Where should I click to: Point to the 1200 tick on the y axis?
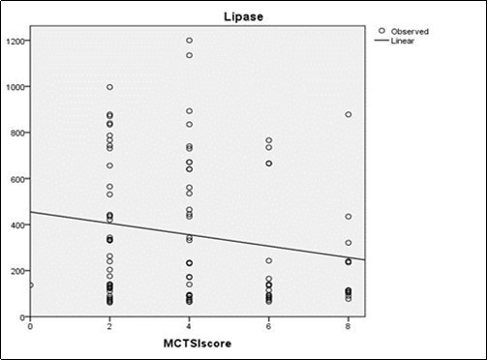pos(16,41)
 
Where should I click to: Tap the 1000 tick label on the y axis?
pos(16,87)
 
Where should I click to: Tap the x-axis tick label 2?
pos(109,325)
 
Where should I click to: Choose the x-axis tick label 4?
pos(189,325)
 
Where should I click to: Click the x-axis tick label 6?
pos(268,325)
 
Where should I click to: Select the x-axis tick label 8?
pos(348,325)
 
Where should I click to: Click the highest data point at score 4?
pos(189,41)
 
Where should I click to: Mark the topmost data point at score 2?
pos(109,87)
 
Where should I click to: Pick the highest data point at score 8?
pos(348,115)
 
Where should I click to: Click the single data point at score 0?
pos(30,285)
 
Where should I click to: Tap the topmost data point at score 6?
pos(268,141)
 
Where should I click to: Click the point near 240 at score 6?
pos(268,261)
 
